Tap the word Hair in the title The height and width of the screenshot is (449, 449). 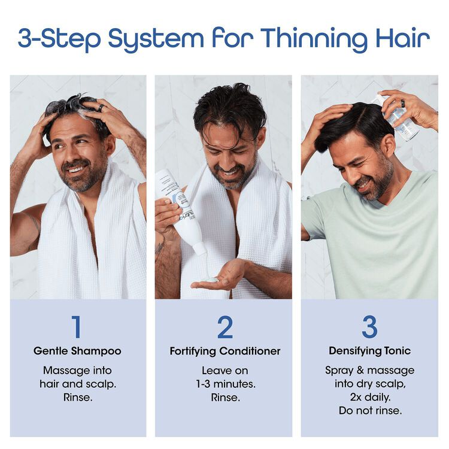pos(405,38)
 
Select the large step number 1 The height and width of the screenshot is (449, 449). pos(76,326)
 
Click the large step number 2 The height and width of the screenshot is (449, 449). pos(224,326)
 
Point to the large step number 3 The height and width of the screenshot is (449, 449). pos(370,326)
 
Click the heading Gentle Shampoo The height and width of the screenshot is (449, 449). pos(77,351)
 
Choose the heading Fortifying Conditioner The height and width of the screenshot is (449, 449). pos(224,351)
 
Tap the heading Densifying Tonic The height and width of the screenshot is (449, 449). pos(369,351)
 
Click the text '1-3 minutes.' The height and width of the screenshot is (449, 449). pos(224,383)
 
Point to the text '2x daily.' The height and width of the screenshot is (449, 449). pos(369,396)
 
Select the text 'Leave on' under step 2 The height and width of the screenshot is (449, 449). pos(224,370)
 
